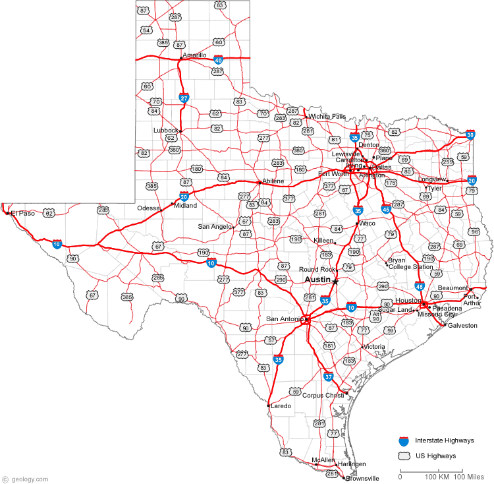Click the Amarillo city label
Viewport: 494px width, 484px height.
194,55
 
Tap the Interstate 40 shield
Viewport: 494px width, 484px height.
219,59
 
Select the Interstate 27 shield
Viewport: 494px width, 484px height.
184,98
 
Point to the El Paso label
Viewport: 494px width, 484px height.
22,213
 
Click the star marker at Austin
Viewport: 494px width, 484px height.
335,282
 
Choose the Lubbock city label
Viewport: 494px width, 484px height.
165,130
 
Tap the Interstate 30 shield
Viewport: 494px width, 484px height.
470,135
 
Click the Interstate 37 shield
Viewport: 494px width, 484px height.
329,377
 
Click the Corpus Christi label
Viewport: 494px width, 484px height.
323,395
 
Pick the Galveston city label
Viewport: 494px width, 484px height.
462,325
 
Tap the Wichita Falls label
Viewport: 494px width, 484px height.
327,116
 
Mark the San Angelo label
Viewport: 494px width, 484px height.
215,226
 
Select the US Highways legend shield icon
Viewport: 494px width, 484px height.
404,456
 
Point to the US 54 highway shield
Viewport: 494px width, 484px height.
146,30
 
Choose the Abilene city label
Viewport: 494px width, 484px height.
273,181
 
